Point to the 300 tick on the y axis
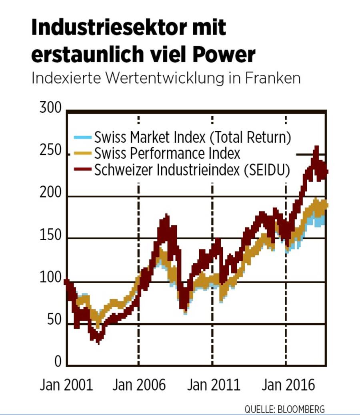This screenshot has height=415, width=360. click(51, 109)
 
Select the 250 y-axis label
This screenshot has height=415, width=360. click(51, 152)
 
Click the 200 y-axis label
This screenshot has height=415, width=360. click(51, 194)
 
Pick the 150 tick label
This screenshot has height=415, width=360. click(51, 236)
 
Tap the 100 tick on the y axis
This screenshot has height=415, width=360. click(51, 279)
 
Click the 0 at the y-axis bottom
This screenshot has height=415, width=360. click(58, 362)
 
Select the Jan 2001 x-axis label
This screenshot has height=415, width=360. click(66, 385)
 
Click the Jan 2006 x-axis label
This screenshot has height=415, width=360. click(139, 385)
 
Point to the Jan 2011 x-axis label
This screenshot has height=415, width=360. click(214, 385)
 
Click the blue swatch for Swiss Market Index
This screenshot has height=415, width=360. click(83, 138)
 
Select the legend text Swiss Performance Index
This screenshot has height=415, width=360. click(167, 153)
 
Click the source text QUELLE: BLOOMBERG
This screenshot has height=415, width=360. click(284, 409)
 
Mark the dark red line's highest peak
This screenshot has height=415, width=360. click(316, 148)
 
